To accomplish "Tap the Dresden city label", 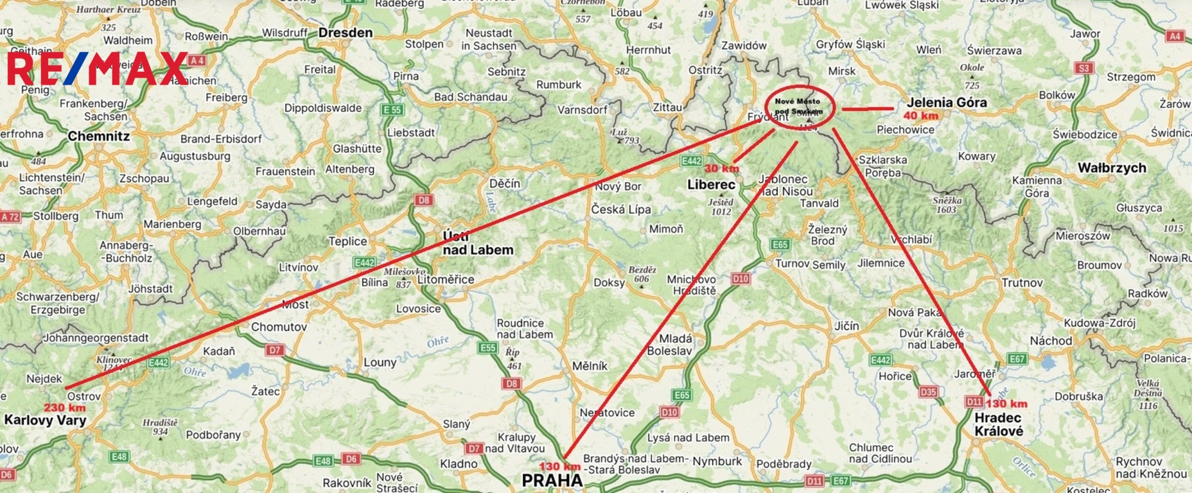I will click(346, 33).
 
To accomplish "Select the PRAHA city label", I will click(552, 480).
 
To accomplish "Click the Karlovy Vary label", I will click(45, 420).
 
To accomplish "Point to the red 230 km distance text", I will click(65, 408).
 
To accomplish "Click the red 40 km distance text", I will click(920, 116).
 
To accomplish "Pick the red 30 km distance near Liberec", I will click(721, 168).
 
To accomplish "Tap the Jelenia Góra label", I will click(947, 102).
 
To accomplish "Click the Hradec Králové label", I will click(999, 424).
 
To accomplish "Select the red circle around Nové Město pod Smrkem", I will click(799, 106).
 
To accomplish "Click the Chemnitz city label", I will click(99, 136).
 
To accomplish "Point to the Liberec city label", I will click(711, 185).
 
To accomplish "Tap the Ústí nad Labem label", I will click(478, 244).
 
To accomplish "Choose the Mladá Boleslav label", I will click(670, 345).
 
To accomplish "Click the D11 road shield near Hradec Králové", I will click(974, 402).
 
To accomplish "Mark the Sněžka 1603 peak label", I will click(947, 205).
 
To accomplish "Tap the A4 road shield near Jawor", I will click(1175, 36).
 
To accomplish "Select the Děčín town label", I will click(505, 184).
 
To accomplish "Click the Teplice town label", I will click(347, 241).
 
